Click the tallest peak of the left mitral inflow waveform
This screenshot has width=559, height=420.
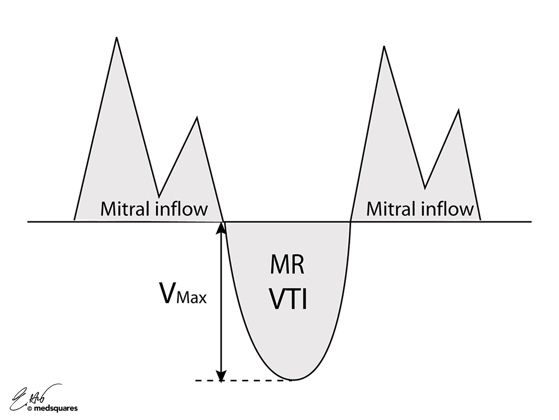tap(116, 38)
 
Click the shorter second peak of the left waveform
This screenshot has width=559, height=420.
tap(197, 118)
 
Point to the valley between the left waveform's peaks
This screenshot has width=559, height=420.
tap(159, 195)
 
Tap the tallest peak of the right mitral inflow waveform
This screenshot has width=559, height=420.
tap(384, 46)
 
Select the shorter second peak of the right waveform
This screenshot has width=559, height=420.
tap(458, 111)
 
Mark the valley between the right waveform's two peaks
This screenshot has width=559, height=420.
tap(425, 187)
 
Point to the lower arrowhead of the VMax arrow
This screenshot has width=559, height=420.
tap(221, 376)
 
